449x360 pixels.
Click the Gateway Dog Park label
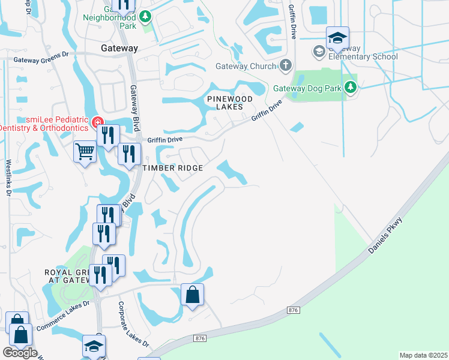[x=307, y=88]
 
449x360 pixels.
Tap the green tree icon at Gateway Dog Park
[x=351, y=88]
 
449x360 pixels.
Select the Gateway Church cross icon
[x=286, y=65]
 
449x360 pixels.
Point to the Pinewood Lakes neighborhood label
[x=225, y=102]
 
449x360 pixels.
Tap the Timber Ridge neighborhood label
[x=173, y=168]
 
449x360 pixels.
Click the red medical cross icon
[x=97, y=123]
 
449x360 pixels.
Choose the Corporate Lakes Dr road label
[x=133, y=323]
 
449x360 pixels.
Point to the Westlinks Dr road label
[x=8, y=178]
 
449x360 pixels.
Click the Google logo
[x=20, y=353]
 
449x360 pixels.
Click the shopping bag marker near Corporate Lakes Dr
[x=192, y=295]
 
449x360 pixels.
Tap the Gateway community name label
[x=119, y=48]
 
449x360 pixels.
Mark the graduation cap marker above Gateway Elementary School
[x=337, y=38]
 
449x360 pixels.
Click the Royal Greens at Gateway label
[x=67, y=277]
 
